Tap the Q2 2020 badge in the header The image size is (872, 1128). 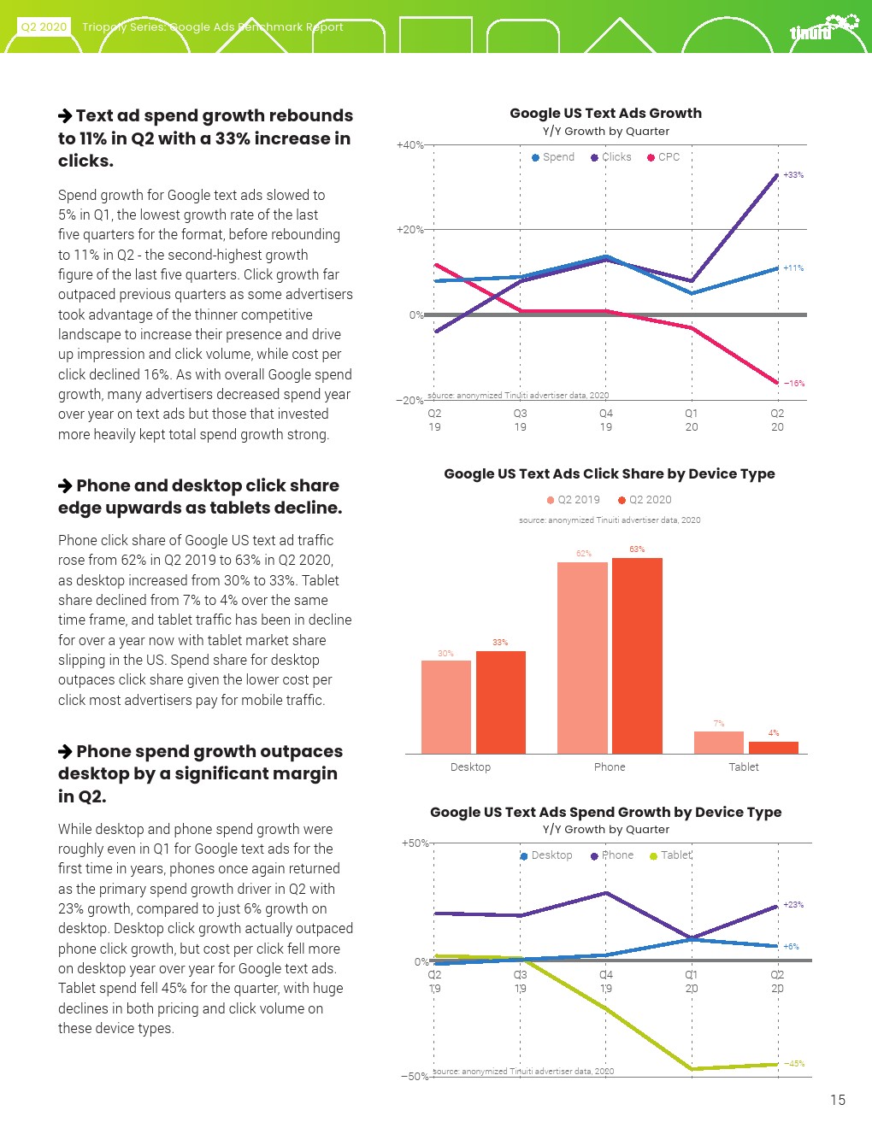coord(44,26)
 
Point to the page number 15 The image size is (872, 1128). coord(838,1100)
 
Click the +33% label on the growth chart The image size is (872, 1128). coord(793,175)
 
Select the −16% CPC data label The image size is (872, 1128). coord(794,384)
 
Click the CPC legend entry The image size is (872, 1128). coord(663,157)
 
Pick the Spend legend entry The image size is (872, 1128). coord(553,157)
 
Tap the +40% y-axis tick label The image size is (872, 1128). coord(410,145)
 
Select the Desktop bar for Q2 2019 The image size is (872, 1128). coord(446,707)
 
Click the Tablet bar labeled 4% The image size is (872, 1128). coord(774,747)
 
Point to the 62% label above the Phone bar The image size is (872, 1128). coord(584,554)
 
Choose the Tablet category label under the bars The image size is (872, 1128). coord(744,767)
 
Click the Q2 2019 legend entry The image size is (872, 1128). coord(574,500)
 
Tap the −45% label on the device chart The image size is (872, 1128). coord(794,1064)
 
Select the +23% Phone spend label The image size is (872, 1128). coord(793,905)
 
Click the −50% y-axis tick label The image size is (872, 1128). coord(415,1077)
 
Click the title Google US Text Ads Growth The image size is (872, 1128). coord(605,113)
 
